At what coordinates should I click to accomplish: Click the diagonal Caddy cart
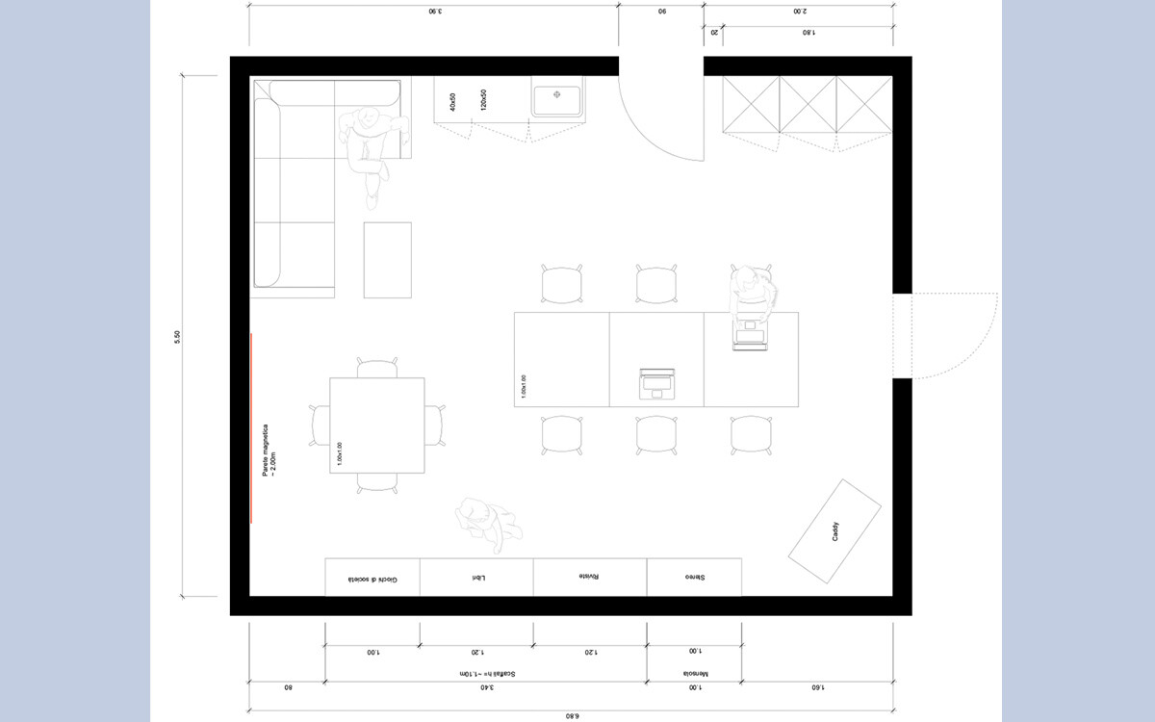(835, 530)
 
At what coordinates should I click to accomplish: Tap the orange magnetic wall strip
(251, 427)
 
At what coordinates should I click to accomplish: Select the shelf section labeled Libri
(476, 578)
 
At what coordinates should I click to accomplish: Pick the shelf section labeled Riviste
(589, 578)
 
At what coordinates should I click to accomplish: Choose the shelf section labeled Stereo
(694, 578)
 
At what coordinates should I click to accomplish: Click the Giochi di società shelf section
(372, 578)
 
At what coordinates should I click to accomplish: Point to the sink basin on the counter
(557, 97)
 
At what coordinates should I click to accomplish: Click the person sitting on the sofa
(371, 144)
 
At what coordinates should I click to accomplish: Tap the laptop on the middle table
(657, 382)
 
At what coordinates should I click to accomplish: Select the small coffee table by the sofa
(387, 260)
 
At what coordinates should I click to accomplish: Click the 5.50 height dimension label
(177, 336)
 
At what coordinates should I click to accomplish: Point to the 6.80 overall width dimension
(571, 715)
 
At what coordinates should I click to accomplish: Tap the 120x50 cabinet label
(483, 99)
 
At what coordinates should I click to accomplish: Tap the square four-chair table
(377, 426)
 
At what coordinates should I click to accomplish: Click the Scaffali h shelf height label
(486, 674)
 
